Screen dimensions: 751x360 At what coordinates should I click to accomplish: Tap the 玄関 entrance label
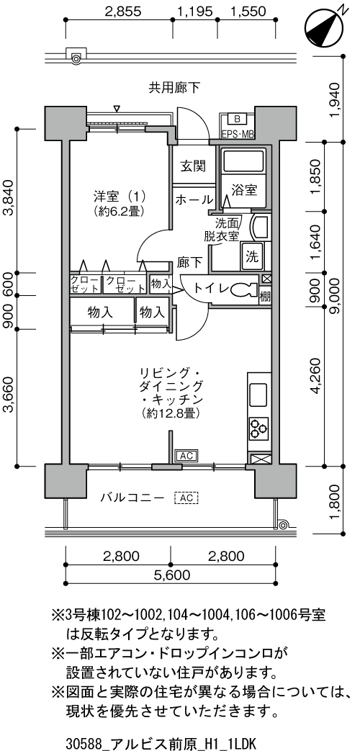point(194,166)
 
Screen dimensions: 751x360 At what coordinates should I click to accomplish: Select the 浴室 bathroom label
point(245,190)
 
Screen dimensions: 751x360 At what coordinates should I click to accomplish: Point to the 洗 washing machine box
point(252,255)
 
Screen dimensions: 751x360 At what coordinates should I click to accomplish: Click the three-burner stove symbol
point(258,428)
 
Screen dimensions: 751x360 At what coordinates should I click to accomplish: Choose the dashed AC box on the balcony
point(186,498)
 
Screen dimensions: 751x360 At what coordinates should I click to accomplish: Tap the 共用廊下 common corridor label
point(174,88)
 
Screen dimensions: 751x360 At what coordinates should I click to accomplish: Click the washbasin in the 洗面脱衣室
point(258,228)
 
